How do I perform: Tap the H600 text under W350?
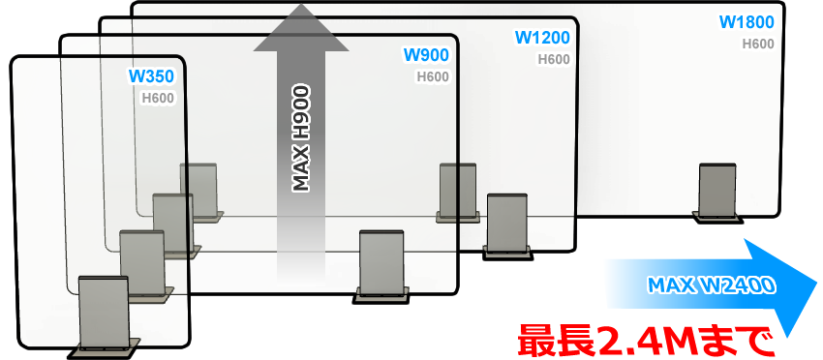(158, 98)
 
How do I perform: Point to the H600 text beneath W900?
(432, 76)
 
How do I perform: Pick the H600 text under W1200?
(553, 59)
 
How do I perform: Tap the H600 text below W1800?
(758, 44)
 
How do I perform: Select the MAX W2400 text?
(708, 285)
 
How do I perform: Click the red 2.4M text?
(652, 341)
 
